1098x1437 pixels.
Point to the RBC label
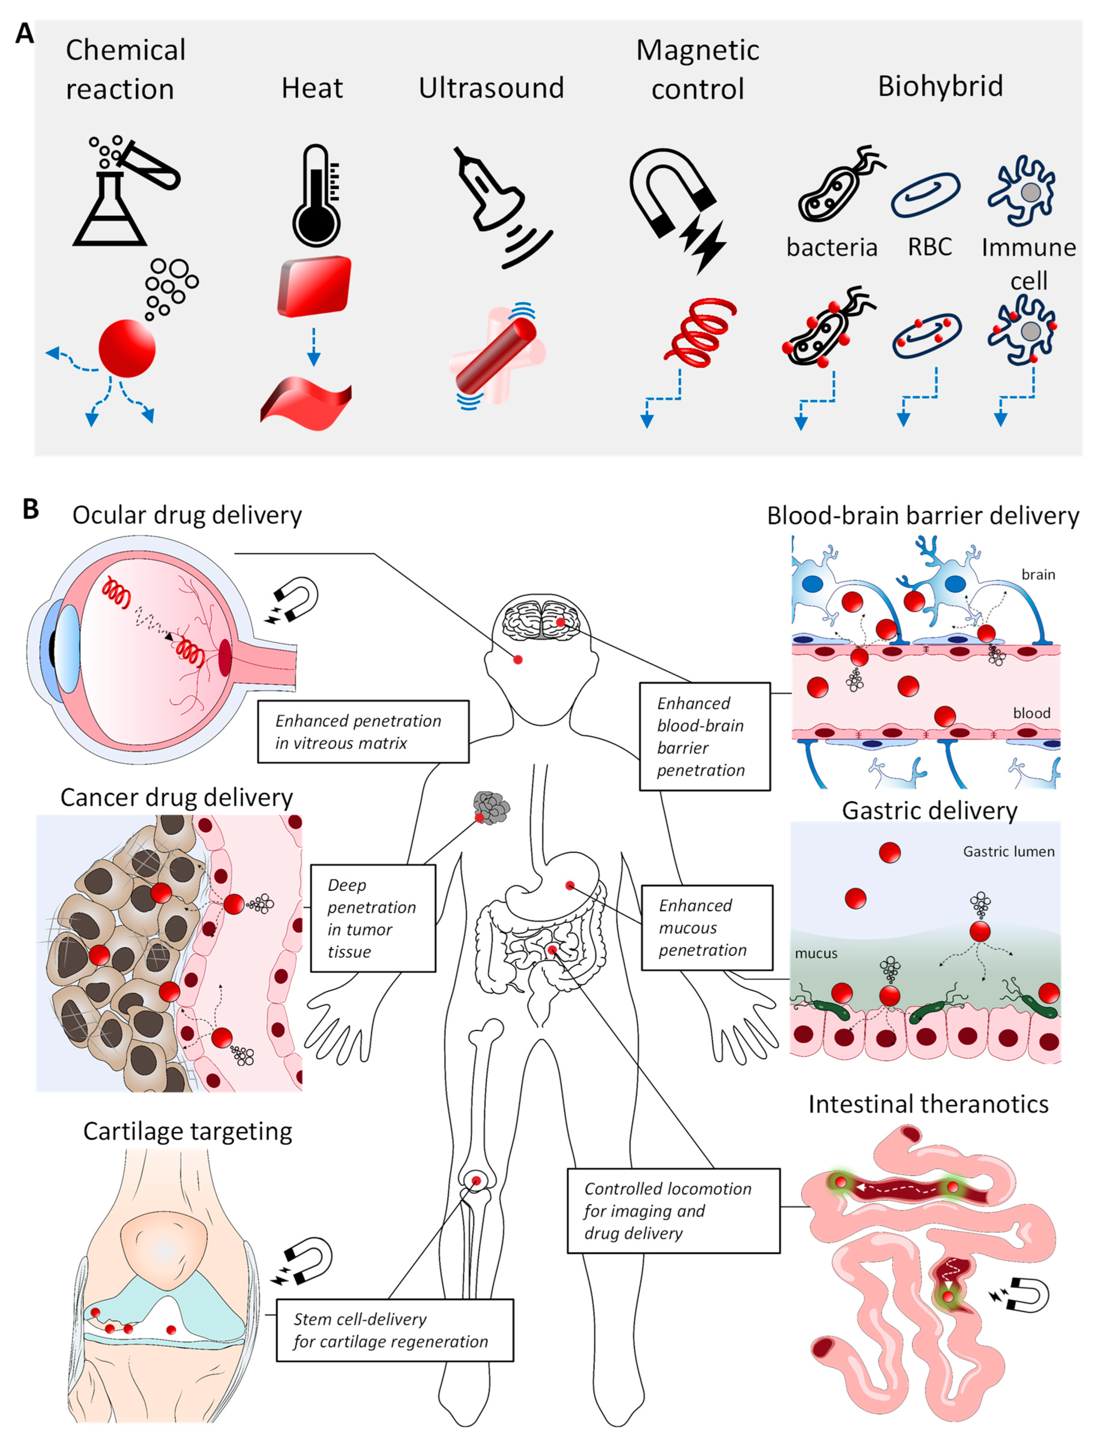pyautogui.click(x=929, y=247)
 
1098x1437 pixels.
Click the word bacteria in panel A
pyautogui.click(x=831, y=248)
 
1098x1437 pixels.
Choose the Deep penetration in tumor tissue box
pyautogui.click(x=372, y=918)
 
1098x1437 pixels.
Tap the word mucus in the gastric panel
pyautogui.click(x=816, y=953)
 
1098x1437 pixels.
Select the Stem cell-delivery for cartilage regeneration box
pyautogui.click(x=395, y=1330)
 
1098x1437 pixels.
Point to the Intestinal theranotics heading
pyautogui.click(x=928, y=1104)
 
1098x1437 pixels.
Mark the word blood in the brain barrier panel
pyautogui.click(x=1031, y=713)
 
